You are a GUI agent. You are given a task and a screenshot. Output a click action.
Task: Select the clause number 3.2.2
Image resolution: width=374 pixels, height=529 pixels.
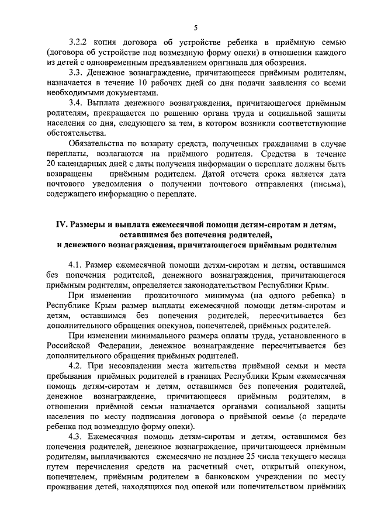[78, 42]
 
